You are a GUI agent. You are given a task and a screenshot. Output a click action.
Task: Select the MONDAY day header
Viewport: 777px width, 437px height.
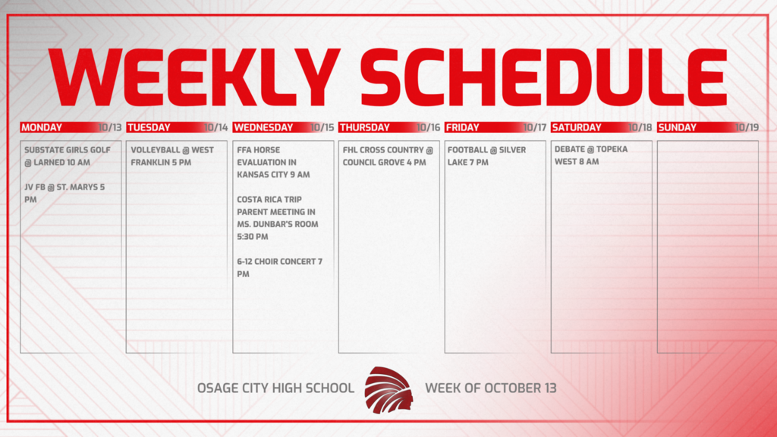coord(42,127)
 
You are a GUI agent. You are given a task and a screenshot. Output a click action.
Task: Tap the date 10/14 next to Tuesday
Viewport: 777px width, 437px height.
coord(216,127)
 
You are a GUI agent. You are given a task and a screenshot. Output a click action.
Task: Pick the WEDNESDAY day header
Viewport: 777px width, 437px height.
coord(263,127)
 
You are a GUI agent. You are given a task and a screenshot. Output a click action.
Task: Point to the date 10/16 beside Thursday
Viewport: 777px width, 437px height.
coord(429,127)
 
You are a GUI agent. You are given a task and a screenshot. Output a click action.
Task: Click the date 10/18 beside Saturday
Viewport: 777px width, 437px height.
coord(640,127)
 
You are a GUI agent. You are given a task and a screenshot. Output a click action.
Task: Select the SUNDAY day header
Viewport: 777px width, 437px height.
coord(678,127)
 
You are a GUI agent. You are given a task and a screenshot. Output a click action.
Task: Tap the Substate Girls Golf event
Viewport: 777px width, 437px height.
coord(67,156)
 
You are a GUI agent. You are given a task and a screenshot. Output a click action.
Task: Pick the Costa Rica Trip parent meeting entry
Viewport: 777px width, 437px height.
coord(278,218)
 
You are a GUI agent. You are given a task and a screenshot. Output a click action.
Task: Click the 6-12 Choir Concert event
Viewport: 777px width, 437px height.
coord(279,267)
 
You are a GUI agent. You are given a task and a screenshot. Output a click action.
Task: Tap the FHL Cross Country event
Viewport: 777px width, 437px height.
coord(388,156)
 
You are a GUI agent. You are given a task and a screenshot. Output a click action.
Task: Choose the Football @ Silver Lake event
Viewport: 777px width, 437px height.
coord(486,156)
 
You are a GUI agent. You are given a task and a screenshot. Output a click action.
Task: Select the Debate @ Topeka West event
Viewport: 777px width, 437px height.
coord(591,155)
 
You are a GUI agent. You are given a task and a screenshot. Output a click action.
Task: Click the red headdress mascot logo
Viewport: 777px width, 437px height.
coord(388,388)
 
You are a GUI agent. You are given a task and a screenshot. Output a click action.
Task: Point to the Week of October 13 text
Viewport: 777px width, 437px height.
coord(490,388)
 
